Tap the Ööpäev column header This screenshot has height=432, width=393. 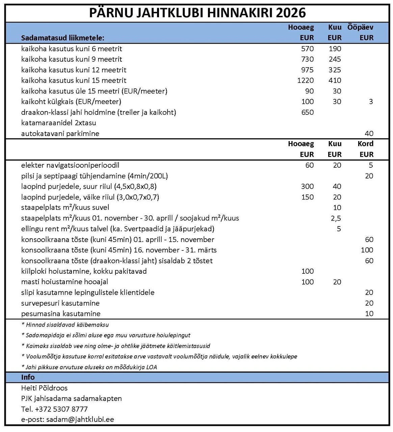360,27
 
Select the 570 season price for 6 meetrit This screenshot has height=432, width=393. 307,49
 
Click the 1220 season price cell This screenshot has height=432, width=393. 305,80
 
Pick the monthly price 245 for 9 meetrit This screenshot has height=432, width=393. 335,59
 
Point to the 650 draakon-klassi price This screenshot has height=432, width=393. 307,112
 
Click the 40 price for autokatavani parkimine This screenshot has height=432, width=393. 369,133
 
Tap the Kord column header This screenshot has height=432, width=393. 365,144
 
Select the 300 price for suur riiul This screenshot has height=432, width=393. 307,186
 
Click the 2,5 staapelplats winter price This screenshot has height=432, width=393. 336,218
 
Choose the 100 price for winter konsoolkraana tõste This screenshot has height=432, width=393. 367,250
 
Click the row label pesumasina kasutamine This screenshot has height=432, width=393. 61,314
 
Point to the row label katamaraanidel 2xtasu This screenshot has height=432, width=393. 59,123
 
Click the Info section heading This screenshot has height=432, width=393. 28,377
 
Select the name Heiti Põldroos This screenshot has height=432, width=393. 44,388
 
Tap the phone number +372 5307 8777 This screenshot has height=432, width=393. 61,409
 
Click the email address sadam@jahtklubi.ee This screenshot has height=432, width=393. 80,420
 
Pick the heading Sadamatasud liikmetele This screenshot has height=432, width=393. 63,38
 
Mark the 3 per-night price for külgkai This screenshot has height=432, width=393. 371,102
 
